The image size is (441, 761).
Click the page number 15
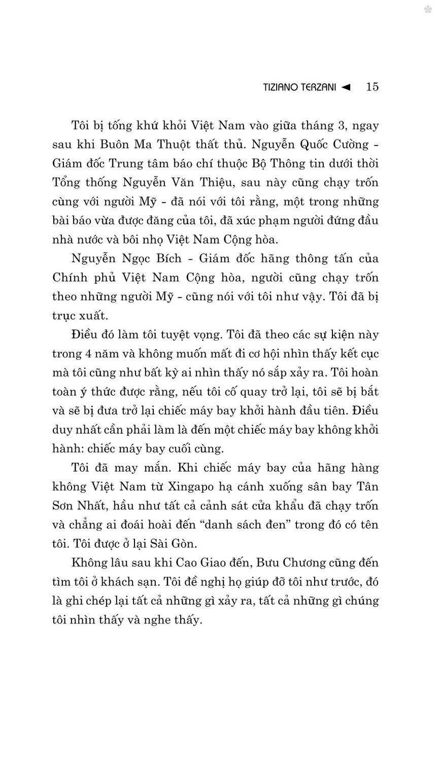click(x=372, y=87)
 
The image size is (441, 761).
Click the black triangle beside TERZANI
click(x=347, y=87)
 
